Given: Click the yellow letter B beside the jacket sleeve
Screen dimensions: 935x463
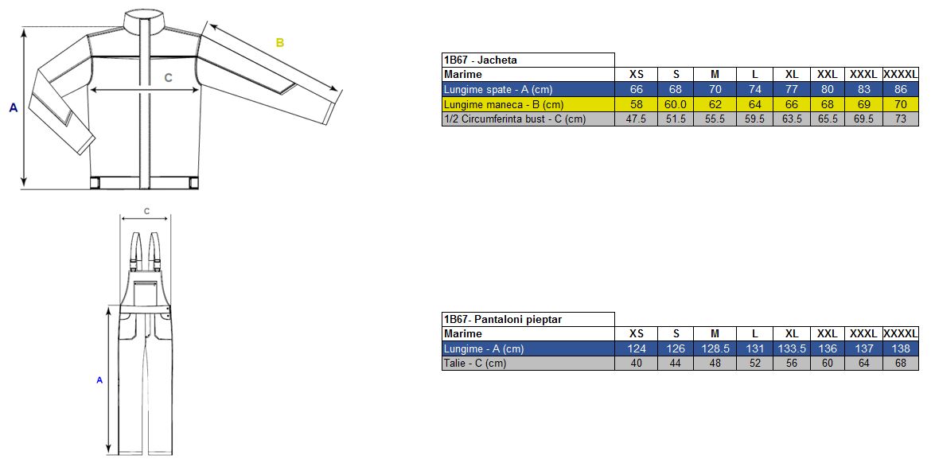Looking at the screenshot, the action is [279, 42].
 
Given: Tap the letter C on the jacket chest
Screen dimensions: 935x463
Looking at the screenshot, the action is [168, 77].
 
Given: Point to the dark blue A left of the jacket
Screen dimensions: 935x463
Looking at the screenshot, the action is [14, 108].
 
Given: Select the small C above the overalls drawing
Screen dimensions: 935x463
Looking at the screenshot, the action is [146, 211].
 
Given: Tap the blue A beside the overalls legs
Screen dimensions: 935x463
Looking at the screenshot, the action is [99, 379].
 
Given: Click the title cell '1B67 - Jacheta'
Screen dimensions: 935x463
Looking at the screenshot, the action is [480, 60].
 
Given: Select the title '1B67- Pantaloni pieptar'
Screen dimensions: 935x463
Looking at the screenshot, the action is [503, 319].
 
